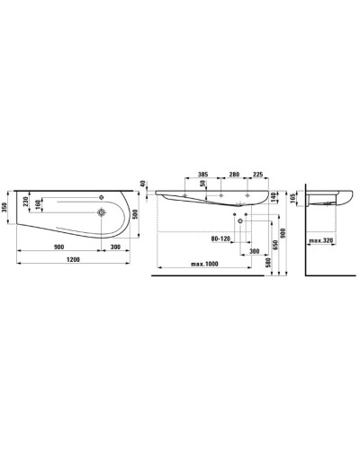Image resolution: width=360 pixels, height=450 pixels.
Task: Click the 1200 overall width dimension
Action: click(73, 259)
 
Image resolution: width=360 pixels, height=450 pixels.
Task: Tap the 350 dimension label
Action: click(4, 206)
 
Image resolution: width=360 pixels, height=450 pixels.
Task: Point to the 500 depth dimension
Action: click(135, 214)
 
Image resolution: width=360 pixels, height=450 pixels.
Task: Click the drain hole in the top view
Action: click(102, 212)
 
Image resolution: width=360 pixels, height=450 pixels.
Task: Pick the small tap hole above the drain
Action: click(102, 197)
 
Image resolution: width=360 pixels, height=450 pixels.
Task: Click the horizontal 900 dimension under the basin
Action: click(58, 247)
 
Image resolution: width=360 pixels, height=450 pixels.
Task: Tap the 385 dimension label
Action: click(203, 174)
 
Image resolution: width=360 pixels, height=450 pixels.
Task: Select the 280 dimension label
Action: click(234, 174)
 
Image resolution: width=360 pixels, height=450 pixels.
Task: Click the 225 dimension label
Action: click(258, 174)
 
